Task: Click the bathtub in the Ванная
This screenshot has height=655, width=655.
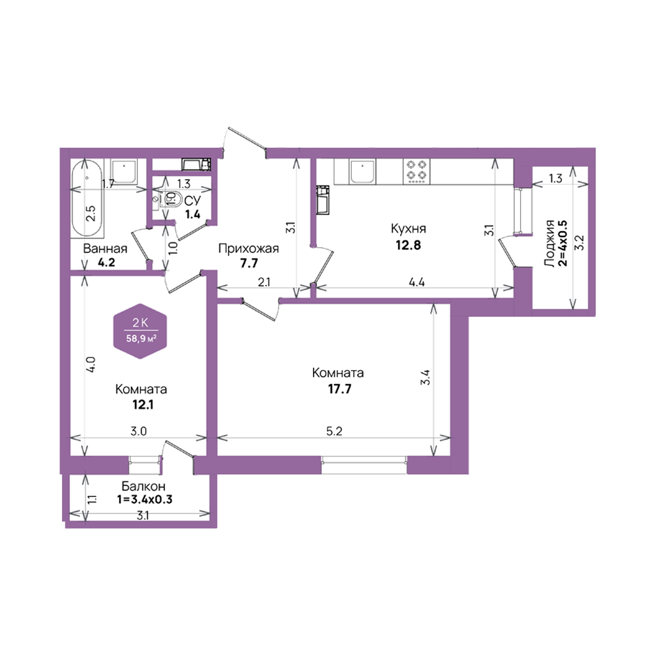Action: click(87, 198)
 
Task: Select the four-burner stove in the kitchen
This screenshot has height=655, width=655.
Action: click(417, 171)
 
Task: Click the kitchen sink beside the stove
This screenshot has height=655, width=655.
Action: click(363, 171)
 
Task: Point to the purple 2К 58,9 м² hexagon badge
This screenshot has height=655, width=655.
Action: click(140, 331)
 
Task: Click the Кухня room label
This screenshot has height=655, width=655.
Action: click(408, 229)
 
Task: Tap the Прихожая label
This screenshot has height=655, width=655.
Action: click(248, 249)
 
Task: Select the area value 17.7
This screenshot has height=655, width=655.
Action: click(339, 389)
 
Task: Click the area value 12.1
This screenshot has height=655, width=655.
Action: click(143, 404)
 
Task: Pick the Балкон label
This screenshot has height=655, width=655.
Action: click(143, 486)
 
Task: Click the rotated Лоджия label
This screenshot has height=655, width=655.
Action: click(550, 243)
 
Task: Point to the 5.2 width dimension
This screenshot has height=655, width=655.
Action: click(334, 431)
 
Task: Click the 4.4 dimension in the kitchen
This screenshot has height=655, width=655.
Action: click(417, 282)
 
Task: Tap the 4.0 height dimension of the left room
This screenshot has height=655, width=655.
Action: click(92, 364)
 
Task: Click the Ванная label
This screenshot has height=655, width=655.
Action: click(105, 249)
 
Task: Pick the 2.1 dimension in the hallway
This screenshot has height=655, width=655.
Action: click(263, 282)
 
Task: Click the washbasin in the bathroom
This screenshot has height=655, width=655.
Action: click(124, 171)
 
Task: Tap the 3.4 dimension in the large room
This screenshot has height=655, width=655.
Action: click(425, 378)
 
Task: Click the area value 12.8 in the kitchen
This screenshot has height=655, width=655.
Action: click(408, 245)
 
